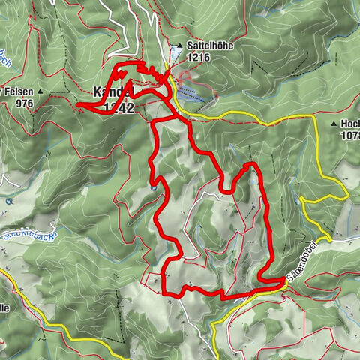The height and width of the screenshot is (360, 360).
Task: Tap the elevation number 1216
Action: tap(199, 56)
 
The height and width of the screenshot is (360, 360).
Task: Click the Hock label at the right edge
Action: tap(349, 124)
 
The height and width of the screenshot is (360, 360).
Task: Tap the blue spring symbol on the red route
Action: tap(153, 187)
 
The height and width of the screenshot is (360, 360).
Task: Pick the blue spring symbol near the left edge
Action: tap(8, 201)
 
